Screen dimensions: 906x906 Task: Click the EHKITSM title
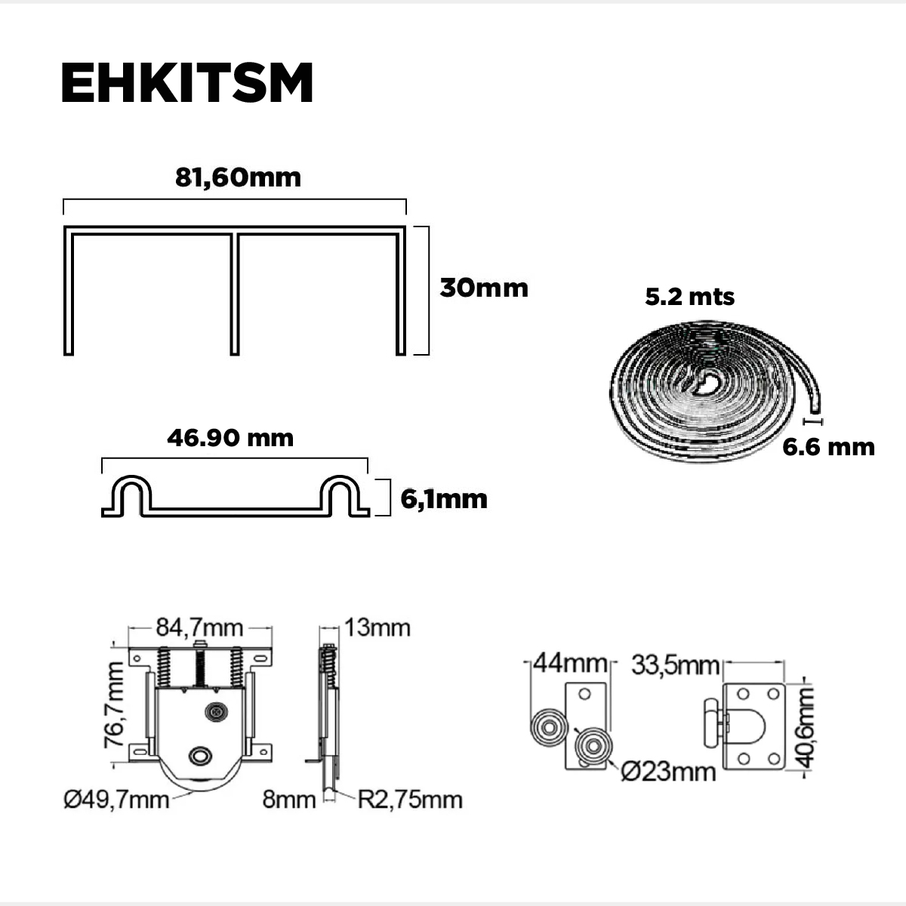click(186, 82)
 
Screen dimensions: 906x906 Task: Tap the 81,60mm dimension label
click(238, 177)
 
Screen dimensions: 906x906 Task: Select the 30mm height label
click(484, 288)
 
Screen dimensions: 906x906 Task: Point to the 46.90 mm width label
click(230, 438)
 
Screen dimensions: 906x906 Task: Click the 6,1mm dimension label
click(444, 499)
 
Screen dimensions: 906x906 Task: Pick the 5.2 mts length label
click(690, 297)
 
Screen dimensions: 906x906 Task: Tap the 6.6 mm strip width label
click(828, 447)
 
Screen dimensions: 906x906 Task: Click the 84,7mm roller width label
click(199, 627)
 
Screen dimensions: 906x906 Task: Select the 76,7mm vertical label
click(114, 704)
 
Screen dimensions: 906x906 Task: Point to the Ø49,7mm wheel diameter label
click(116, 800)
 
